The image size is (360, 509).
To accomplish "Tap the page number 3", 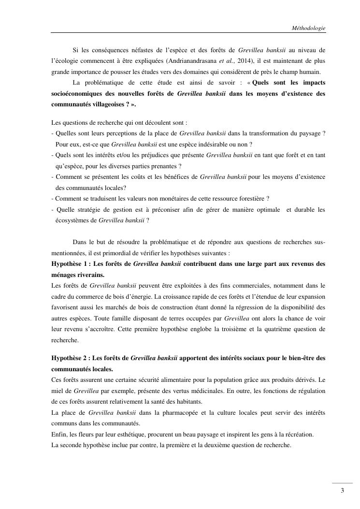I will [x=342, y=491].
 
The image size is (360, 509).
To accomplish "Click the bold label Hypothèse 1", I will [x=70, y=263].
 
